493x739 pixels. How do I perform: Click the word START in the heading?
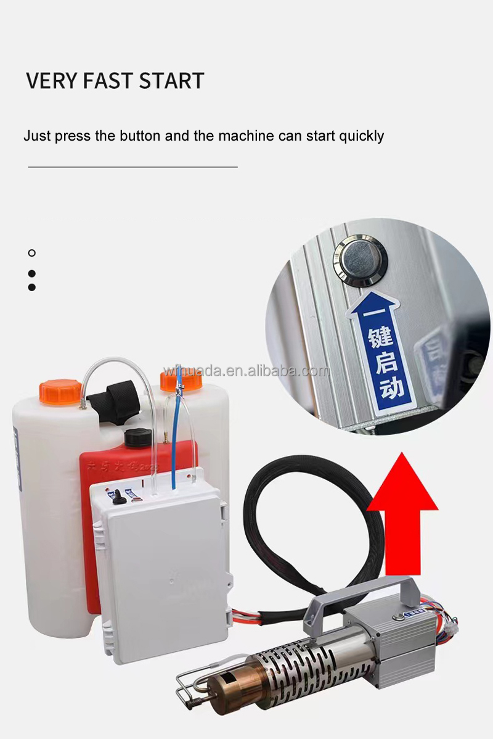point(171,81)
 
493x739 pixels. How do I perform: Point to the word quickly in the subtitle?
point(361,136)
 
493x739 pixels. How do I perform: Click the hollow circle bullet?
point(32,253)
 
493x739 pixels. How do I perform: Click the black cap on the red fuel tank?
point(138,437)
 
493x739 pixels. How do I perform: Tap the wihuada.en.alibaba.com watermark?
point(246,371)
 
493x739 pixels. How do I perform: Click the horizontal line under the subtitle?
point(132,167)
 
